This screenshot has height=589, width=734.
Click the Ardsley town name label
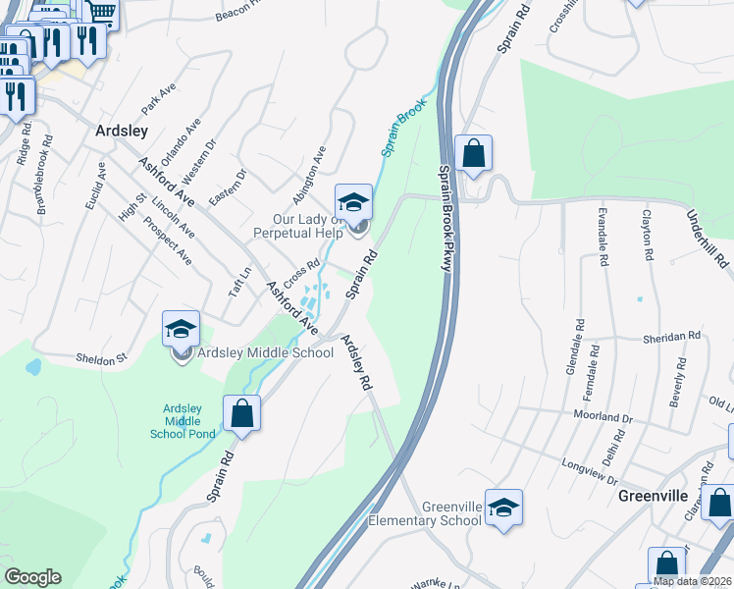[122, 131]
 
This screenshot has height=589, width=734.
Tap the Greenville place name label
[653, 496]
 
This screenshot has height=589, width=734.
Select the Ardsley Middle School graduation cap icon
[182, 329]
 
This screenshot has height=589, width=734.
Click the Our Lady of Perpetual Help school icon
[353, 203]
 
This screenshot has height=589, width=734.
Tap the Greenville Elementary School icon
[503, 508]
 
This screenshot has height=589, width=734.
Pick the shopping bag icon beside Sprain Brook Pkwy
[473, 153]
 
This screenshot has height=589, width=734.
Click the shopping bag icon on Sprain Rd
[241, 413]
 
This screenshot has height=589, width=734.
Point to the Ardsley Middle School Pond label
[183, 421]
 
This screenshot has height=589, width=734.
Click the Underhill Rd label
[707, 239]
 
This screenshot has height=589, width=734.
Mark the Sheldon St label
[102, 359]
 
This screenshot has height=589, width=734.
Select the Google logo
[32, 577]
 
